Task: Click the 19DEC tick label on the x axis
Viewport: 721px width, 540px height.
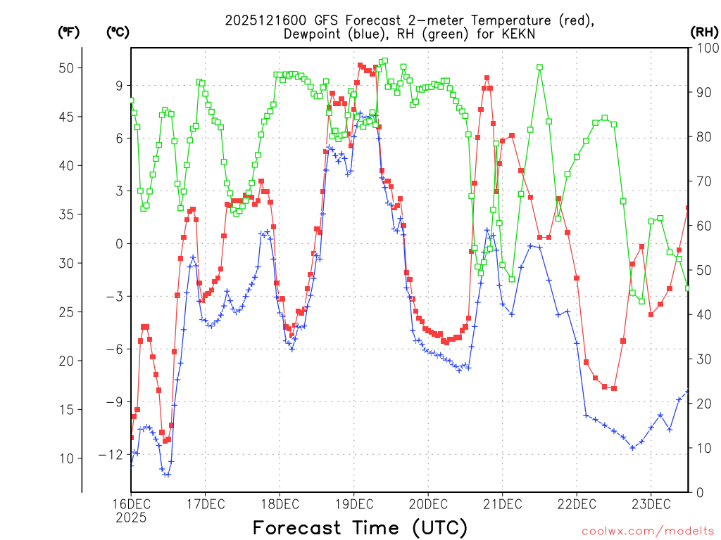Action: [x=353, y=503]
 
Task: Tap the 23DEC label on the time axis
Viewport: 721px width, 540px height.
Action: [x=650, y=503]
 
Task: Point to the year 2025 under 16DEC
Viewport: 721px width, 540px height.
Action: [x=131, y=517]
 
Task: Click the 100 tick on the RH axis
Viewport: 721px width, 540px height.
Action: [x=706, y=49]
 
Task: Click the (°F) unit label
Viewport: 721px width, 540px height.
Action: [x=69, y=32]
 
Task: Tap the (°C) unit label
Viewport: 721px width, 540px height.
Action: [x=118, y=32]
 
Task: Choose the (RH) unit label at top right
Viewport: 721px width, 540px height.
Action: [x=704, y=32]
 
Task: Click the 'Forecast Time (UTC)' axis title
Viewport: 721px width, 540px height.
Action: [x=360, y=527]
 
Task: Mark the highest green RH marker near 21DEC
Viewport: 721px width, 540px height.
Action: [x=539, y=67]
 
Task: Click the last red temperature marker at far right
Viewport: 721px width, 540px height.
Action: [x=688, y=207]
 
